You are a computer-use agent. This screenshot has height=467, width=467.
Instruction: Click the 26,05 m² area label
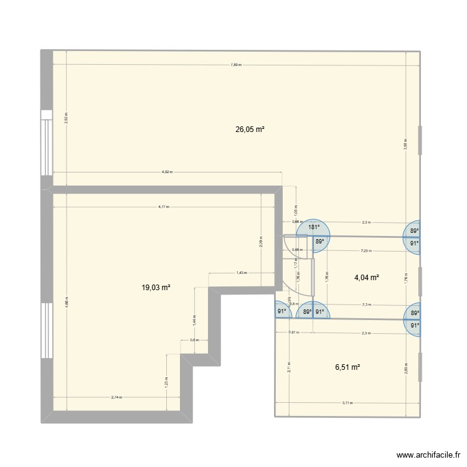click(x=250, y=130)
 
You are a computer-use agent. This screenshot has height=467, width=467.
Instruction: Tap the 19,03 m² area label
click(x=156, y=288)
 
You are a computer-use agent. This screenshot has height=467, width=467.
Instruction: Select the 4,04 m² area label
click(x=367, y=278)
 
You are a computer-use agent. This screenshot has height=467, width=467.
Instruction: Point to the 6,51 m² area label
click(x=347, y=367)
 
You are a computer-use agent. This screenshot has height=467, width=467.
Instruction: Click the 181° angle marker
click(x=314, y=228)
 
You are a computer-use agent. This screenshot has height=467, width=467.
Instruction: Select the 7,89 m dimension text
click(x=235, y=64)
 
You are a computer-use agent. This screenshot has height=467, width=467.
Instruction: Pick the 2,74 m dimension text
click(x=116, y=397)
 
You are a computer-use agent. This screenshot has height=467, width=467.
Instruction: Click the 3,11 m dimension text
click(x=347, y=402)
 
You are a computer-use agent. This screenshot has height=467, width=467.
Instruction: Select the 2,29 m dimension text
click(x=366, y=251)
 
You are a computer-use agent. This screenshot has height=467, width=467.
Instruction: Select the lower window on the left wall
click(x=46, y=330)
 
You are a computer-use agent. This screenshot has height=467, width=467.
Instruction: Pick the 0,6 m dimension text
click(x=194, y=340)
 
